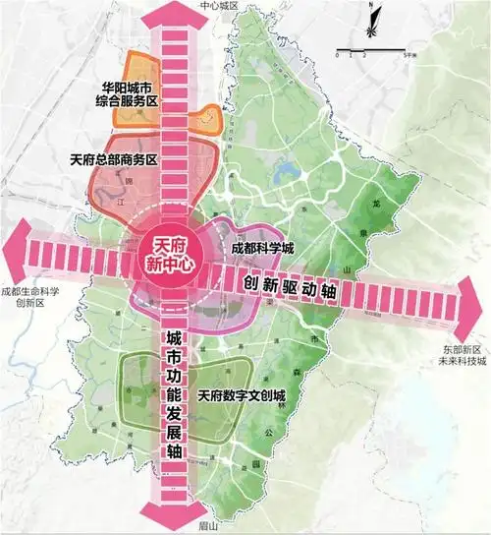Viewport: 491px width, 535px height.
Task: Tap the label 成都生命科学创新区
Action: coord(29,298)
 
